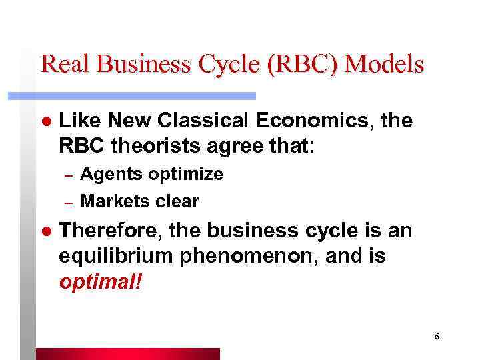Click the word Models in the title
point(386,65)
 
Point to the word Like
point(79,121)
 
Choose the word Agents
point(109,175)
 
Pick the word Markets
point(113,201)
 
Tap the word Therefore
point(110,232)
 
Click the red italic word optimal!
point(101,281)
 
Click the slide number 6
point(436,337)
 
